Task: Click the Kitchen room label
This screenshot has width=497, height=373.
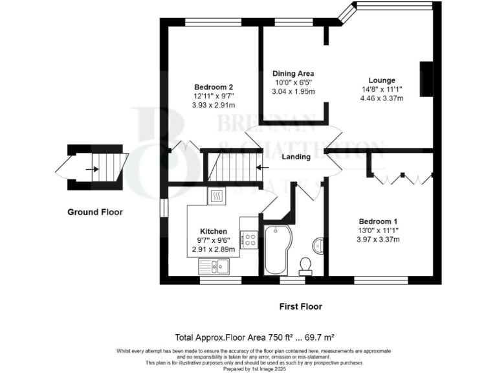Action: (x=213, y=231)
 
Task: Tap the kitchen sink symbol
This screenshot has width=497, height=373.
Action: (x=214, y=265)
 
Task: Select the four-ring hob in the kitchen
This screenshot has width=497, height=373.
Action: (x=249, y=240)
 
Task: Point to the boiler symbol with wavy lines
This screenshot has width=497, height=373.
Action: (x=217, y=195)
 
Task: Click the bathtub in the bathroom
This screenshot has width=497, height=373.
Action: (x=278, y=250)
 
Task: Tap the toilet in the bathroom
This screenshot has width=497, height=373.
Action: (x=305, y=265)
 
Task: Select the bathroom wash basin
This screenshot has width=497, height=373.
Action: (x=318, y=245)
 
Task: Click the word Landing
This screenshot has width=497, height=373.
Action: (x=296, y=157)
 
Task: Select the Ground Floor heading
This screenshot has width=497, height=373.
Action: (x=95, y=212)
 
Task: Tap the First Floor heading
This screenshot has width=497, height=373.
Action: (x=300, y=306)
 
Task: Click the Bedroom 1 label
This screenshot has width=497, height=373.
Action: (x=382, y=221)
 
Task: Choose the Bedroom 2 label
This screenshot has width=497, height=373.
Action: (x=214, y=87)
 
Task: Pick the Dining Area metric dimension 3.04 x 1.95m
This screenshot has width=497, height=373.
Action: (x=293, y=91)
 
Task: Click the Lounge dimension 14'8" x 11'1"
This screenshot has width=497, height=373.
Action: (x=382, y=89)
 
